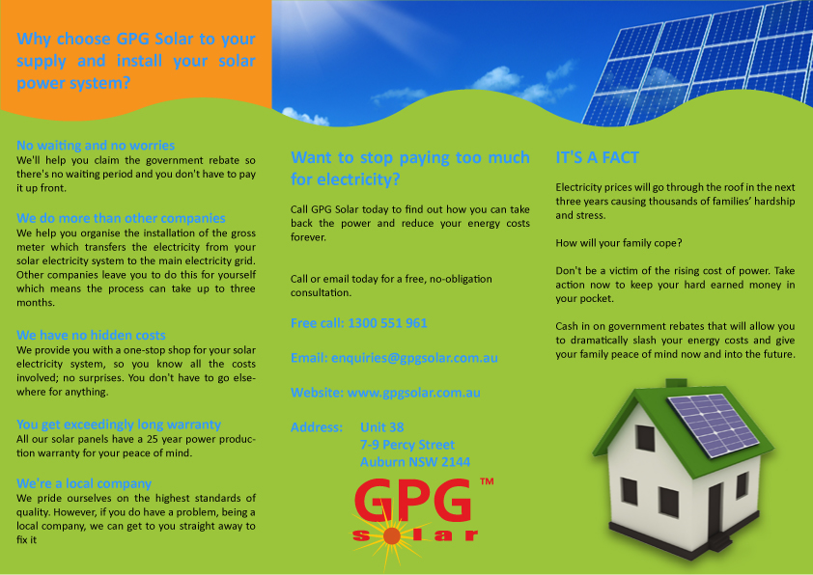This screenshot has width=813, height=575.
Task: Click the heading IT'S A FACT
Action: (x=597, y=157)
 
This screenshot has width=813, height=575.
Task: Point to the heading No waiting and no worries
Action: (x=96, y=145)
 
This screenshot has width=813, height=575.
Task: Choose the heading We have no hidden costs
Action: (x=91, y=335)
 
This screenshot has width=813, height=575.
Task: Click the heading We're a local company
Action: (x=84, y=482)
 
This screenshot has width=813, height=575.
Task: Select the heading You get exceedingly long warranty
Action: (x=119, y=424)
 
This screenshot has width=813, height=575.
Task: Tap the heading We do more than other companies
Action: (x=121, y=218)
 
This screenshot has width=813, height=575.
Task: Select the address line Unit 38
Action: (x=381, y=427)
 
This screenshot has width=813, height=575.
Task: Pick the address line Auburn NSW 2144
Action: (x=414, y=462)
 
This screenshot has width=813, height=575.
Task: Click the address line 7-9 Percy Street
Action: (x=406, y=445)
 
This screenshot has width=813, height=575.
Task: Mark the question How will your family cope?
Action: (x=620, y=242)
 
